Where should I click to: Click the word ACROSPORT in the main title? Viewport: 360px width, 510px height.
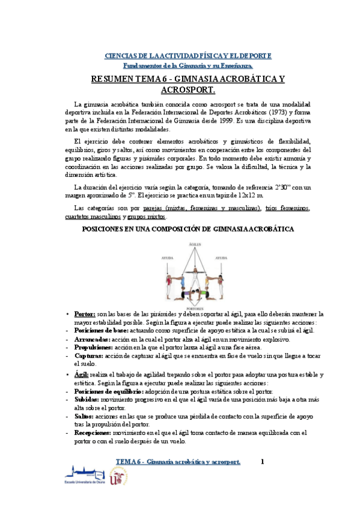point(188,90)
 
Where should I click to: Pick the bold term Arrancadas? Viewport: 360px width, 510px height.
point(94,339)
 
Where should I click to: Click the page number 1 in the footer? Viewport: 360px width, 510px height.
point(262,462)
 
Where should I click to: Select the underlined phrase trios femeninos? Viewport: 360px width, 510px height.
point(287,208)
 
